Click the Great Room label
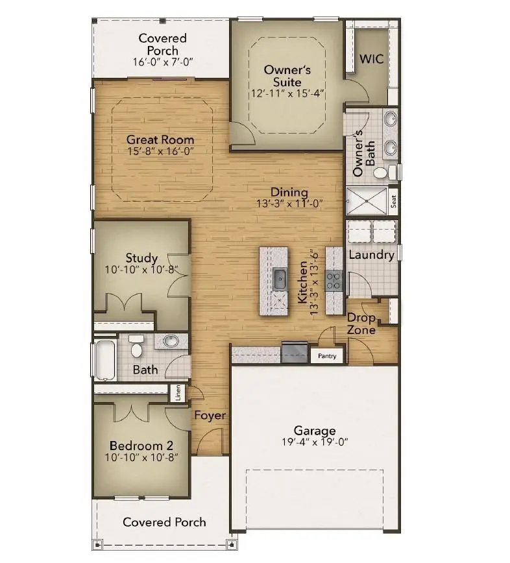coord(160,139)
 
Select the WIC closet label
coord(372,59)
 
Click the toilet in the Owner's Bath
coord(391,172)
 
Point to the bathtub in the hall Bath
coord(104,358)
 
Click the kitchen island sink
coord(280,279)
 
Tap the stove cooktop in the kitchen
coord(334,280)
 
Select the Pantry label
coord(327,356)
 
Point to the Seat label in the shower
coord(393,200)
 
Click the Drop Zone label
coord(361,324)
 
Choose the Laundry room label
coord(371,255)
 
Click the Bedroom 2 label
coord(141,446)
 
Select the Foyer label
coord(210,414)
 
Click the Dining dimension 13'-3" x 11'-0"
coord(289,203)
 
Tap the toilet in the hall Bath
coord(136,348)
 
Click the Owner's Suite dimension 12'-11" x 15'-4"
coord(287,93)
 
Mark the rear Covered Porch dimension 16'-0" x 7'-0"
coord(163,62)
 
